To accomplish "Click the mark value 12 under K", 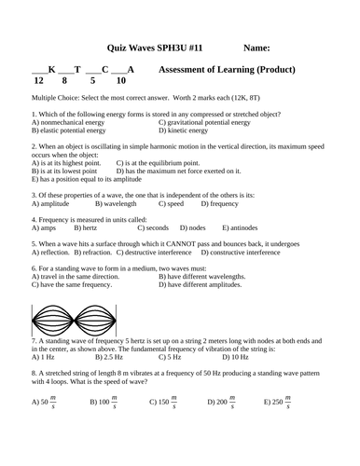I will (38, 81).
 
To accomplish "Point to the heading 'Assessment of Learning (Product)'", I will (228, 69).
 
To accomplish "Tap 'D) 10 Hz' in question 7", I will (235, 356).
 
